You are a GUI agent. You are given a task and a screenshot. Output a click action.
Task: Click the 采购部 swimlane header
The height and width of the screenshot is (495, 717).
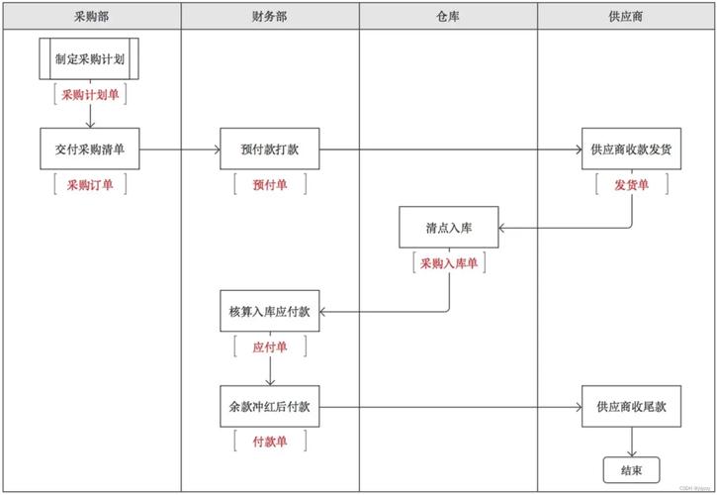[91, 17]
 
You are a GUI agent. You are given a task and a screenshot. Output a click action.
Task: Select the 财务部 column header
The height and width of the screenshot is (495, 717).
[270, 17]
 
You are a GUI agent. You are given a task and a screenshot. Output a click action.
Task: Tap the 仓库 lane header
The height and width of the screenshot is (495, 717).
[448, 17]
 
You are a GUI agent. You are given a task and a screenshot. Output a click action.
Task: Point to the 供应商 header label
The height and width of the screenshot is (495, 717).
[627, 17]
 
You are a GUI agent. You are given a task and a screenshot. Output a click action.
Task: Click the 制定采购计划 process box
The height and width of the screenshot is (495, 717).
[90, 58]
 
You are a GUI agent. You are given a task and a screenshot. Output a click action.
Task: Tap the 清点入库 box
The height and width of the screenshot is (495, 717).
[449, 227]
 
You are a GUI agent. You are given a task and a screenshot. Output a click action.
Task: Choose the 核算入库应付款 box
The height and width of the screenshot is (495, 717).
[270, 312]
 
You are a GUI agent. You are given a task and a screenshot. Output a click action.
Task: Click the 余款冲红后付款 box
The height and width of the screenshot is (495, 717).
[270, 407]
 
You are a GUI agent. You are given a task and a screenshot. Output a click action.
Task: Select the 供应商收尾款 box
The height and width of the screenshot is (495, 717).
[631, 407]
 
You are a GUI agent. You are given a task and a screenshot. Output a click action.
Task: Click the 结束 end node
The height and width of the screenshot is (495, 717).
[630, 469]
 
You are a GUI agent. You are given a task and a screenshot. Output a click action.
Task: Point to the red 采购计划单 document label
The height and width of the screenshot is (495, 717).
[90, 95]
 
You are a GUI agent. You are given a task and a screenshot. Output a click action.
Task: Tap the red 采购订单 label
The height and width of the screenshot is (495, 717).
[90, 184]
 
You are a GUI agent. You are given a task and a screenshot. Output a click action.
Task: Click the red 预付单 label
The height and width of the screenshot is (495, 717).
[270, 184]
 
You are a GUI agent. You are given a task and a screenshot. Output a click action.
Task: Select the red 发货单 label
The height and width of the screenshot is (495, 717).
[631, 184]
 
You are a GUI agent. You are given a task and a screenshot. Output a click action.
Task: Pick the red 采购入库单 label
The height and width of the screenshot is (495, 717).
[449, 263]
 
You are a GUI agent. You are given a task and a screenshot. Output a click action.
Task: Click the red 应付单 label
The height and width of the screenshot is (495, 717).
[270, 347]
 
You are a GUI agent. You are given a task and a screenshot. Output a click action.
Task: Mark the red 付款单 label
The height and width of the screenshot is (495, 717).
[270, 442]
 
